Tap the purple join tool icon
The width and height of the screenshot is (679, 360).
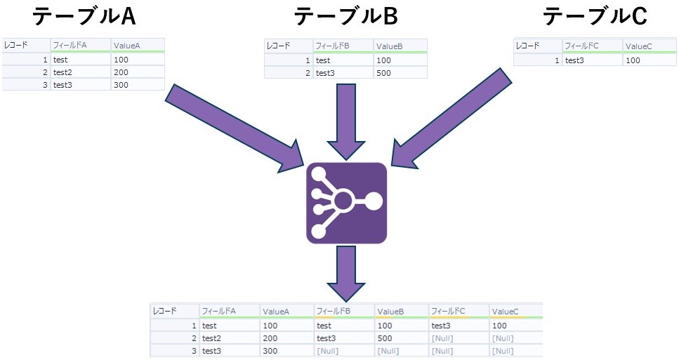[346, 203]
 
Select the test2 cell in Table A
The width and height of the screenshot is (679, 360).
[62, 72]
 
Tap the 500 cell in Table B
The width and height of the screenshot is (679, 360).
[383, 72]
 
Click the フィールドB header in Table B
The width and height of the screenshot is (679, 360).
[333, 46]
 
